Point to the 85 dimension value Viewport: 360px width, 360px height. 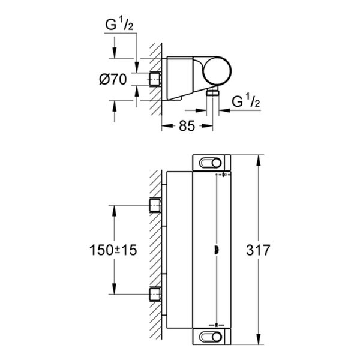(x=188, y=127)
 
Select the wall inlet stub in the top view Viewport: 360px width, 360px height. (x=155, y=79)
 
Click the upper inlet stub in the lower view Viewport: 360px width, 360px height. (x=155, y=206)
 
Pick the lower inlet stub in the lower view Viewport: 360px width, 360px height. (x=155, y=294)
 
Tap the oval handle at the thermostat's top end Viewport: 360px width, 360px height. (x=211, y=163)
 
